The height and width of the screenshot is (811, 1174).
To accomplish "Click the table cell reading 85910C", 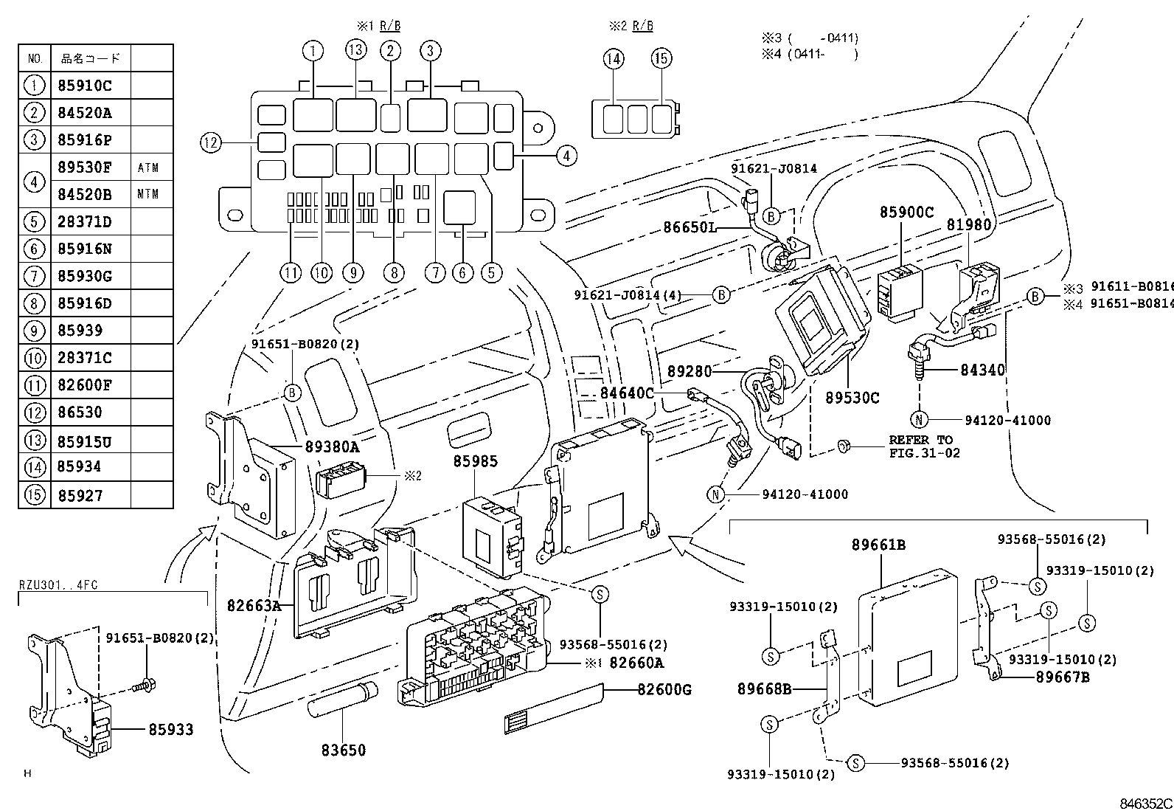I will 84,86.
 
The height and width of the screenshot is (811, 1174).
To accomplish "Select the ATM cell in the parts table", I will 148,168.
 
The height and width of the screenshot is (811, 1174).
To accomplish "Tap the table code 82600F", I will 84,384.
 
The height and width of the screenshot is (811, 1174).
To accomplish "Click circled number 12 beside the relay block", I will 211,142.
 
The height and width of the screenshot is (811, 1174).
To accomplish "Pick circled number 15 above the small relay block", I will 661,59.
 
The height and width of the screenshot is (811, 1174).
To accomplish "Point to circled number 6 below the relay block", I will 462,272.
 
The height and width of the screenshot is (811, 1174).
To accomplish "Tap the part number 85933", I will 170,729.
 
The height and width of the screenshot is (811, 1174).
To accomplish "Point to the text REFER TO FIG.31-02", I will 923,446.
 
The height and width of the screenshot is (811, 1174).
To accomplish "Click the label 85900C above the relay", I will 906,213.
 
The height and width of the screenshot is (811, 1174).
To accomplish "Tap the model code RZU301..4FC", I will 58,585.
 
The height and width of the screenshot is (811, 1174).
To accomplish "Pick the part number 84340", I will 982,370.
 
